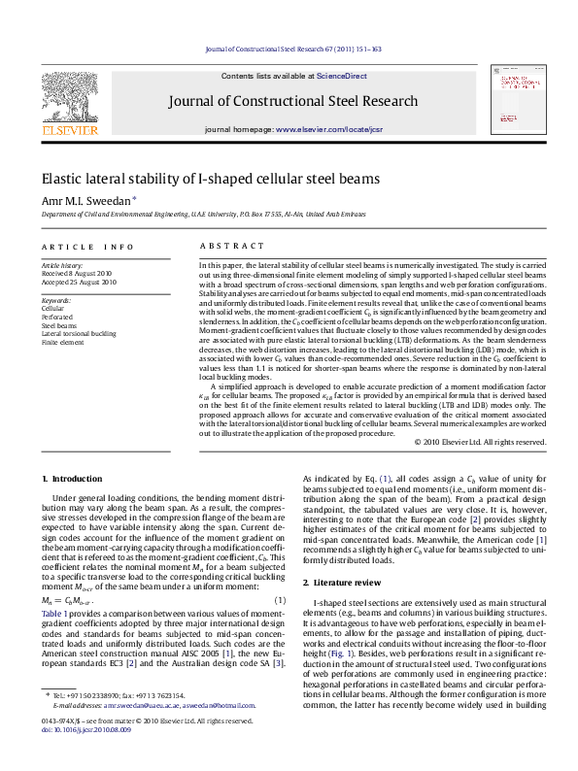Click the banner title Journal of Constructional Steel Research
pos(293,101)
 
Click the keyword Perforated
pos(58,316)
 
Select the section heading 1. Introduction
pos(75,479)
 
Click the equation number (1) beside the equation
pos(280,600)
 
